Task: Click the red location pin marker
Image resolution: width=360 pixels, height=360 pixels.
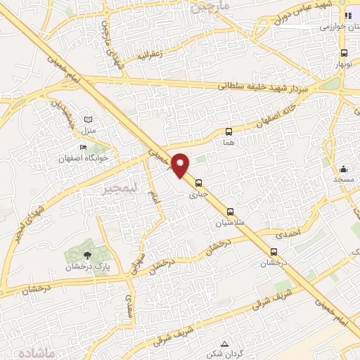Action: [181, 165]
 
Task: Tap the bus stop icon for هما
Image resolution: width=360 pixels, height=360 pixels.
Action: [229, 131]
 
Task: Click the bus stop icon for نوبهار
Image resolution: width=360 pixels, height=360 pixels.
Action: [344, 53]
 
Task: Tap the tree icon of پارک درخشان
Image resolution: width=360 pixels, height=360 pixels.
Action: [87, 255]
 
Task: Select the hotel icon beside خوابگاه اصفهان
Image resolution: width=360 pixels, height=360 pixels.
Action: [84, 148]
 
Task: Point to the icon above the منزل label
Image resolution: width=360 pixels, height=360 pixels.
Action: [88, 120]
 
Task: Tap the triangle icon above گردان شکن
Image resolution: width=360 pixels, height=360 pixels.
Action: [224, 344]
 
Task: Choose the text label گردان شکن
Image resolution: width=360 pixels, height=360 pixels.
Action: [224, 354]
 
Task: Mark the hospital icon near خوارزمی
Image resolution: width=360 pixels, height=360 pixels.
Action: [347, 16]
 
